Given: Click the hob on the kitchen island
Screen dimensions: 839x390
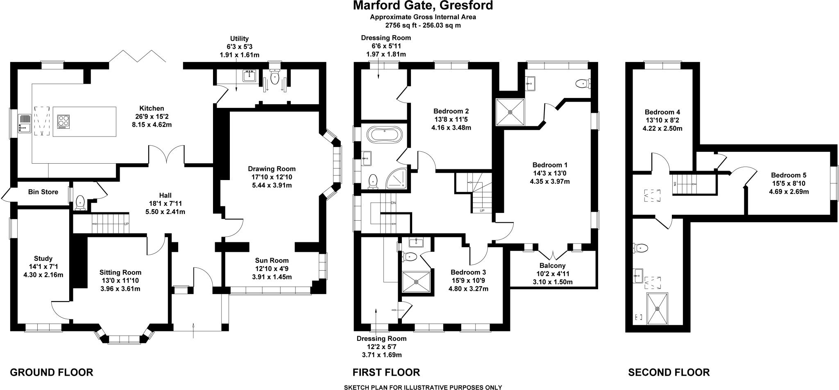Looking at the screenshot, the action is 63,121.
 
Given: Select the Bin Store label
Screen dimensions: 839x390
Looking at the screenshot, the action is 43,192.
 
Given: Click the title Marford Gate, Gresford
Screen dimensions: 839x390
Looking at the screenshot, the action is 423,6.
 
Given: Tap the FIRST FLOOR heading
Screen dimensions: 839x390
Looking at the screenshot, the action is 386,372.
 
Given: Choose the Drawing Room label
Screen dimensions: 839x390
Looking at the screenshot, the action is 272,169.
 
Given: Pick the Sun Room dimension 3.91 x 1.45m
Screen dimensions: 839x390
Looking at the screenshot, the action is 272,277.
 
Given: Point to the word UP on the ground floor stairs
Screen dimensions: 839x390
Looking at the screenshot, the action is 126,224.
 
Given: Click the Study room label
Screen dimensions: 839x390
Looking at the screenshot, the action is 43,258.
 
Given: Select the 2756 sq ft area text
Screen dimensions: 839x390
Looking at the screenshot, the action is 423,25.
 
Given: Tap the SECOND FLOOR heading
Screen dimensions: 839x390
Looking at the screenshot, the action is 669,372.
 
